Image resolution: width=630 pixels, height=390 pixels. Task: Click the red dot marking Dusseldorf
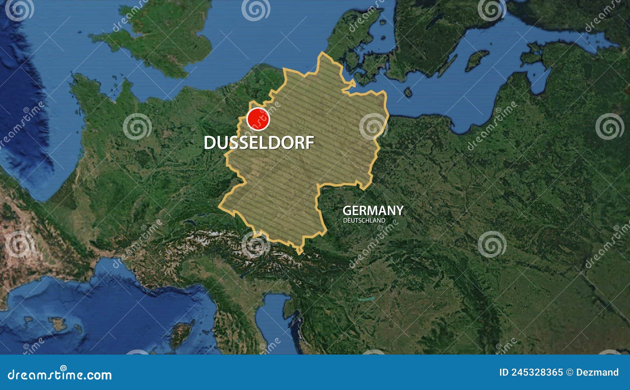258,119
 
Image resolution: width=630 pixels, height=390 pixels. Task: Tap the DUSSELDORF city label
259,143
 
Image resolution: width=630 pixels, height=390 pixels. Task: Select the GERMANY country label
372,210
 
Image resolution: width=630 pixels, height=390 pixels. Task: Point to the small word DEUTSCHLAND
364,221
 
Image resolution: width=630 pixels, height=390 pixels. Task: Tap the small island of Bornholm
408,93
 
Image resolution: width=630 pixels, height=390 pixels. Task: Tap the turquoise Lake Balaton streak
366,299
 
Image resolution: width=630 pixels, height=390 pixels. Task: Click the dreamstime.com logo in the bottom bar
60,374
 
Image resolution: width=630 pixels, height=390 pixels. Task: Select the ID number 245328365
537,372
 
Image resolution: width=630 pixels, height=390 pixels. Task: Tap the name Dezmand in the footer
597,372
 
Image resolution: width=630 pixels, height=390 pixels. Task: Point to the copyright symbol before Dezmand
569,372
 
